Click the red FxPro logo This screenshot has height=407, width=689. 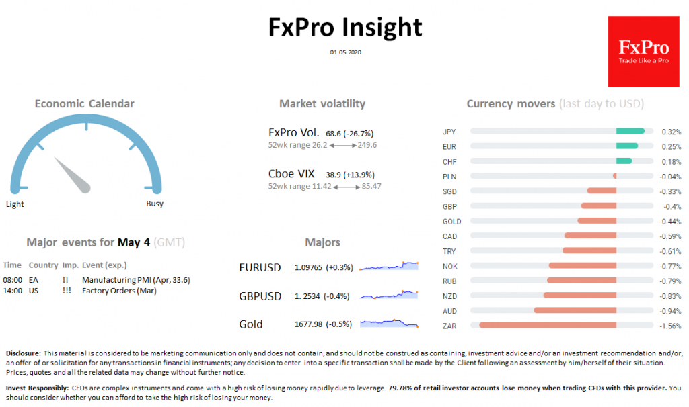click(x=643, y=52)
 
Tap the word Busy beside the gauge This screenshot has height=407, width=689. click(x=154, y=203)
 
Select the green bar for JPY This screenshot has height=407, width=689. click(x=630, y=131)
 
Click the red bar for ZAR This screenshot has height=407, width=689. click(x=548, y=325)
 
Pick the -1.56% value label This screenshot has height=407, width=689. click(x=671, y=326)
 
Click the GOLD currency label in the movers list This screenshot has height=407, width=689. click(x=451, y=221)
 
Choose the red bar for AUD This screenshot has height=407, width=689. click(x=575, y=310)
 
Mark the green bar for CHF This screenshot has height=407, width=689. click(x=624, y=161)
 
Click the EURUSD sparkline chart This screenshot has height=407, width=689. click(x=389, y=266)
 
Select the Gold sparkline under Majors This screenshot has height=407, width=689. click(x=389, y=323)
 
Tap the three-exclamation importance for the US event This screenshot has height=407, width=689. click(x=67, y=291)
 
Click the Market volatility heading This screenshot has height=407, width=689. click(x=322, y=103)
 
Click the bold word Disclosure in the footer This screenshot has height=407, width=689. click(x=22, y=353)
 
